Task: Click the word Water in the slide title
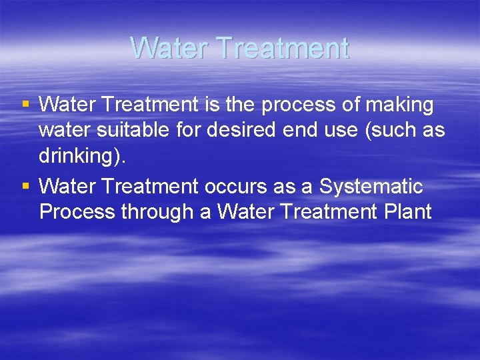click(x=169, y=48)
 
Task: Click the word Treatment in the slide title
click(x=282, y=48)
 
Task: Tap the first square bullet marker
click(x=25, y=104)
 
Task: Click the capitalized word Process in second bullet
click(x=77, y=213)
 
